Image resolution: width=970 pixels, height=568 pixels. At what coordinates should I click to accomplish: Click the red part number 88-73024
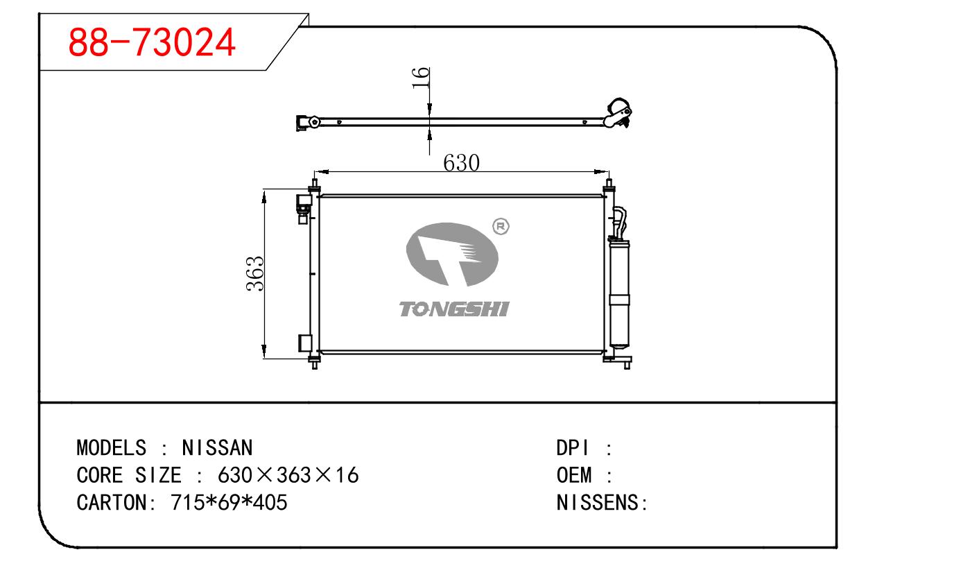pyautogui.click(x=152, y=42)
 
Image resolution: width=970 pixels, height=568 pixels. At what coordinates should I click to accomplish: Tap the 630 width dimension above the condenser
pyautogui.click(x=461, y=164)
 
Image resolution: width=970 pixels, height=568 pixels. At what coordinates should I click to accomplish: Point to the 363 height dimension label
pyautogui.click(x=254, y=274)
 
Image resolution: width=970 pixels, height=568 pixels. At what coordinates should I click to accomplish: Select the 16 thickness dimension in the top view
pyautogui.click(x=420, y=78)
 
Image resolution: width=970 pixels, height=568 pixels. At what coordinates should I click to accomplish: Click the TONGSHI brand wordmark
pyautogui.click(x=454, y=309)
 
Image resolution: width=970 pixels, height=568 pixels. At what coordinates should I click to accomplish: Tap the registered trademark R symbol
pyautogui.click(x=501, y=226)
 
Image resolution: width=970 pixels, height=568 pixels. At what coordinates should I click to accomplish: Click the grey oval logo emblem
pyautogui.click(x=452, y=255)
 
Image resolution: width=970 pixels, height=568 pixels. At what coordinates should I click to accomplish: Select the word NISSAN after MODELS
pyautogui.click(x=217, y=447)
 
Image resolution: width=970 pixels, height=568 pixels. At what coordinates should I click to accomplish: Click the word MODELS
pyautogui.click(x=112, y=447)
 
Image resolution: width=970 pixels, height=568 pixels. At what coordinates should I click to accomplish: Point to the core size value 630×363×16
pyautogui.click(x=288, y=475)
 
